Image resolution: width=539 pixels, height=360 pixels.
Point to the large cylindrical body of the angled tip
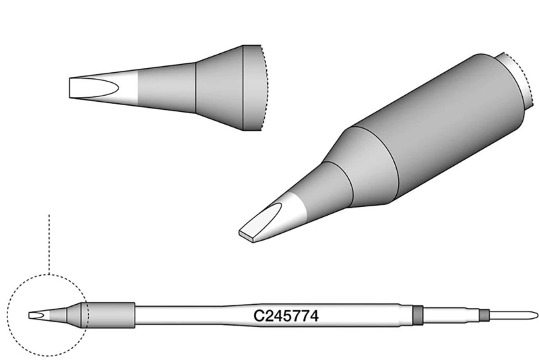[438, 128]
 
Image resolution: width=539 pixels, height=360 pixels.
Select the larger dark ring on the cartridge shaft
[417, 314]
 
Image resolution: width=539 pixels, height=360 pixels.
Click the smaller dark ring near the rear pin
[482, 314]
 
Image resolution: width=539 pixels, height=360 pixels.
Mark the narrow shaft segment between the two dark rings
[450, 314]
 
